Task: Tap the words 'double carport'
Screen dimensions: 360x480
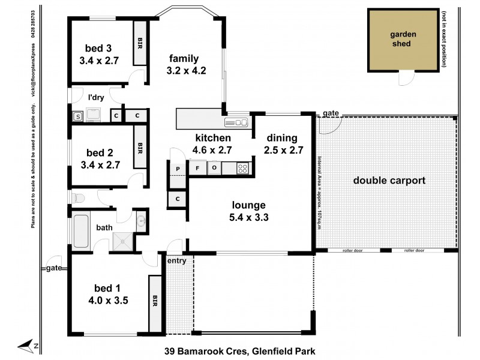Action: pos(389,180)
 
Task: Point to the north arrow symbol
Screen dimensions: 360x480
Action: pos(27,345)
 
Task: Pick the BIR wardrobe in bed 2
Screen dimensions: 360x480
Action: pos(140,146)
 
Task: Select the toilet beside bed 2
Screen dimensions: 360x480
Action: pos(78,197)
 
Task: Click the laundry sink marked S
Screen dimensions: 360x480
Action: pos(77,116)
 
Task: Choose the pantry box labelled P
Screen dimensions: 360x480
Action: pos(179,169)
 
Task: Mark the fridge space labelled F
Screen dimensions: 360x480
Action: pos(197,169)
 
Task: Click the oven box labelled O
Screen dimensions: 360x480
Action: pos(215,169)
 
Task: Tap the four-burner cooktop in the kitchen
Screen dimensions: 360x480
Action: pos(242,168)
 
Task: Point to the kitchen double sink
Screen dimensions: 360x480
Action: pos(236,122)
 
